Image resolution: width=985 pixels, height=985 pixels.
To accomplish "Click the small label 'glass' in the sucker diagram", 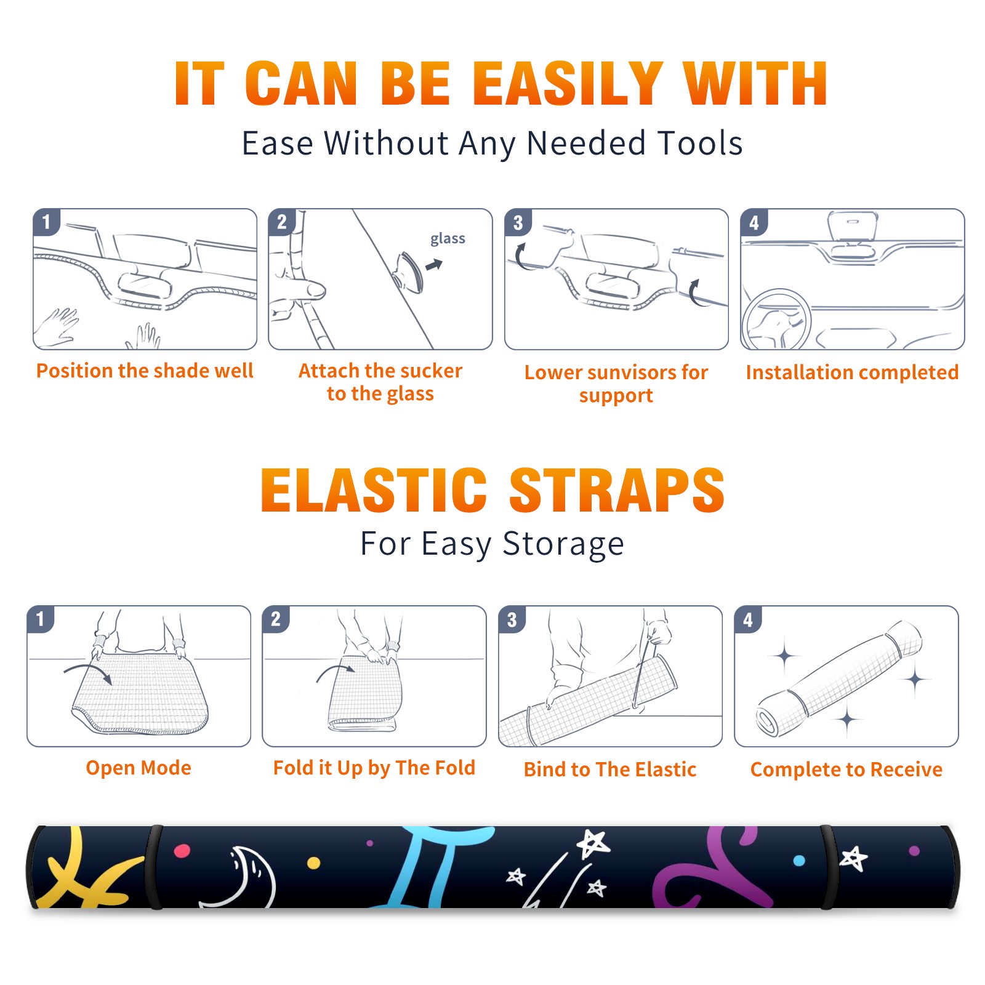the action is point(448,239).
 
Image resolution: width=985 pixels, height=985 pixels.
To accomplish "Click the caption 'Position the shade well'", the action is point(145,371).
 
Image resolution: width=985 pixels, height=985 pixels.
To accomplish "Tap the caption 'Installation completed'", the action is point(852,372).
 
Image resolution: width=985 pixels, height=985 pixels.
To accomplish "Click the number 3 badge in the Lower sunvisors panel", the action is point(518,223).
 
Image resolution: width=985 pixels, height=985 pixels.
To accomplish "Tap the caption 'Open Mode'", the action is point(139,768).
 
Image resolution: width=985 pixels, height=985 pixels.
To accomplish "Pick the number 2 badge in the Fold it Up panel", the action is point(276,619).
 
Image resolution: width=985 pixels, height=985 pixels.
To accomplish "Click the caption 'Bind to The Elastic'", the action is point(610,770).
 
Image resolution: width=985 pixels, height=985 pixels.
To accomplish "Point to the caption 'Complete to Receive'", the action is point(846,770).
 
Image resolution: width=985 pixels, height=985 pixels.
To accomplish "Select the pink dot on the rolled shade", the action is point(182,851).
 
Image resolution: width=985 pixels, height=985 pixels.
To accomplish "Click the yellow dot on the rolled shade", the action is point(313,862).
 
